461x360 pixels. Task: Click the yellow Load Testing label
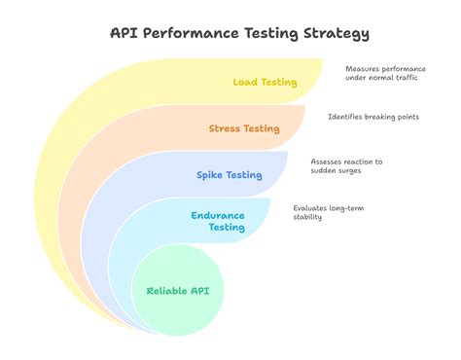tap(265, 83)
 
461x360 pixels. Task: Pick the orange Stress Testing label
tap(244, 128)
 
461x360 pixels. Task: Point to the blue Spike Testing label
tap(229, 175)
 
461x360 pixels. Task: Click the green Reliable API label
tap(178, 290)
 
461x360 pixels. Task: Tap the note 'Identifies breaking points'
tap(373, 117)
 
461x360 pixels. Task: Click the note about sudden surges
tap(346, 165)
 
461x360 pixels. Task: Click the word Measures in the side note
tap(362, 69)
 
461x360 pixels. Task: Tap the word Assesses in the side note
tap(327, 161)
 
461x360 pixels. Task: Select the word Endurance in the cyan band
tap(219, 214)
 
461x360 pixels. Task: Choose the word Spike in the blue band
tap(210, 175)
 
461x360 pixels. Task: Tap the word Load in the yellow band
tap(245, 83)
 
